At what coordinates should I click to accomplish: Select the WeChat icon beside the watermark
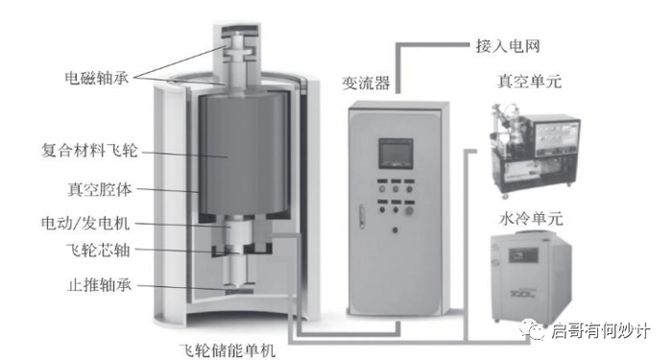tap(534, 331)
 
